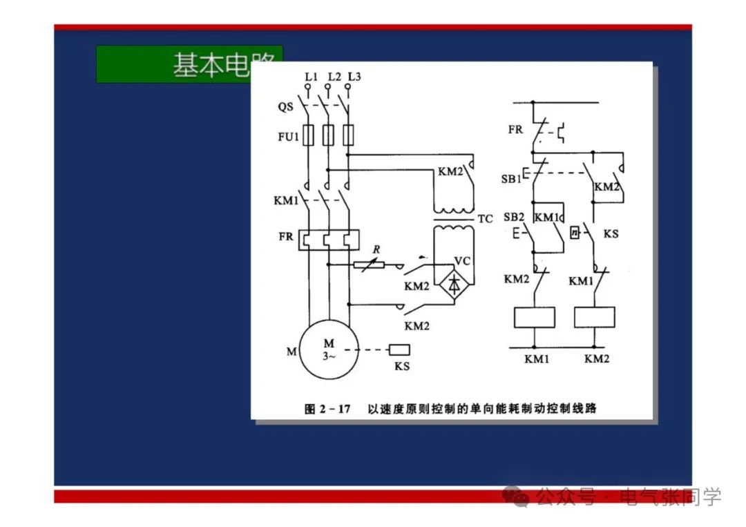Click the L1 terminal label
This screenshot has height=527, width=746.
click(311, 77)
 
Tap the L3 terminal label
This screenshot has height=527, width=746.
click(354, 77)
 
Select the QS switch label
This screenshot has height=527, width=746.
click(285, 107)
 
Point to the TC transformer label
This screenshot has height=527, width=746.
click(485, 219)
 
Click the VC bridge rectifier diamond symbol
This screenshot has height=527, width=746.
click(454, 283)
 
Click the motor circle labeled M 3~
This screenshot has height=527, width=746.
click(329, 349)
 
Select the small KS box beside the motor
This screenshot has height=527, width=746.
click(399, 349)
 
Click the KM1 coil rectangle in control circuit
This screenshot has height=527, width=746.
click(535, 317)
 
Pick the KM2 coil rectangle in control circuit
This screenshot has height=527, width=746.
click(595, 317)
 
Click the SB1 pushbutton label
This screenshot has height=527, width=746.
click(510, 179)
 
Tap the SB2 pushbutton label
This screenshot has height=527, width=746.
click(514, 217)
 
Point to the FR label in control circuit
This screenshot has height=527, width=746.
click(515, 129)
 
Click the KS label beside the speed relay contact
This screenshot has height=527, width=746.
click(611, 234)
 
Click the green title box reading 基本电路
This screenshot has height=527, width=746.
click(189, 64)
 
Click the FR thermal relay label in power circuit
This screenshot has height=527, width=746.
click(286, 237)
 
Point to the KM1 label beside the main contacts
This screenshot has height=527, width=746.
click(286, 201)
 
